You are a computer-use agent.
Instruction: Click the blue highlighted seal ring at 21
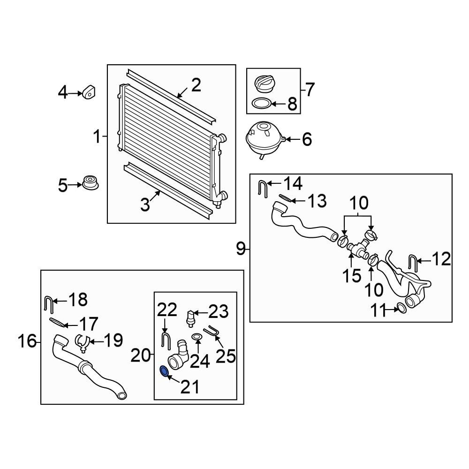pyautogui.click(x=164, y=371)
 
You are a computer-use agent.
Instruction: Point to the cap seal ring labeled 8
pyautogui.click(x=261, y=103)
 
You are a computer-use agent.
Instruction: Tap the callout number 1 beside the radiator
pyautogui.click(x=97, y=137)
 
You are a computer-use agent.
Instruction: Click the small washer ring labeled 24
pyautogui.click(x=197, y=337)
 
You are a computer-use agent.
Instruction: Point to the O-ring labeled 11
pyautogui.click(x=401, y=308)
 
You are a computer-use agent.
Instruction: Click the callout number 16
pyautogui.click(x=27, y=341)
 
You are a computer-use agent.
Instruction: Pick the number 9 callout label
pyautogui.click(x=241, y=249)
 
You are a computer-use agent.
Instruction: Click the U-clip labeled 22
pyautogui.click(x=165, y=339)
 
